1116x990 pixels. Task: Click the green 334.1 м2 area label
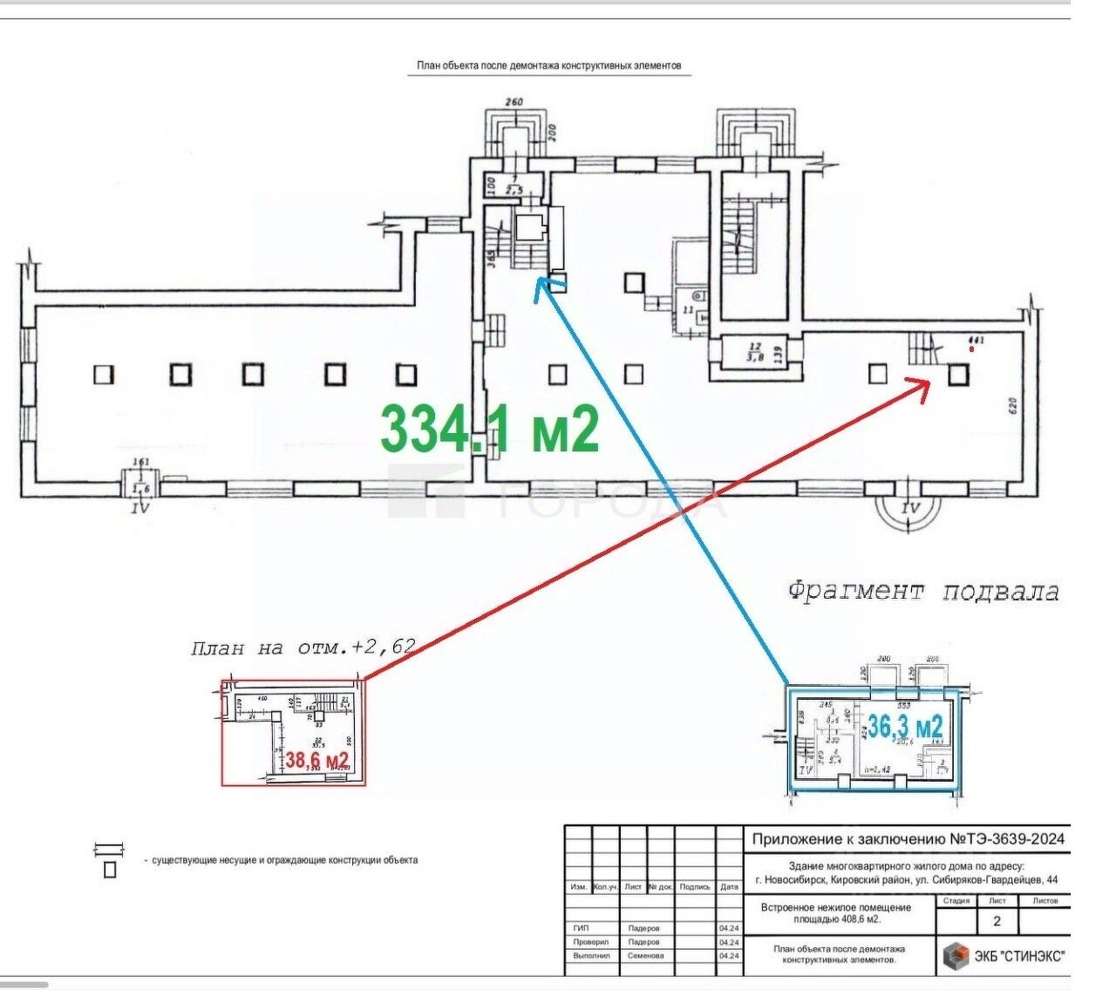[x=490, y=429]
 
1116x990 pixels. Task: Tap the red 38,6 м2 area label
[x=317, y=761]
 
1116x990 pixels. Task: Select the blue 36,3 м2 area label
[x=906, y=726]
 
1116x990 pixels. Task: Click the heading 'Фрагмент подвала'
[x=923, y=592]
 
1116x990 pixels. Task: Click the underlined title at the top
[x=548, y=65]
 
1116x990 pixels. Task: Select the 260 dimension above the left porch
[x=514, y=103]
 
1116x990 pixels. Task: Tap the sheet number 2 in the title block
[x=997, y=922]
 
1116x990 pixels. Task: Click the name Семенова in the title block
[x=645, y=955]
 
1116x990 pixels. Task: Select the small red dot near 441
[x=972, y=349]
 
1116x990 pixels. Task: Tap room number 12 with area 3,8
[x=753, y=350]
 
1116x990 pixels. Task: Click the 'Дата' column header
[x=729, y=886]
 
